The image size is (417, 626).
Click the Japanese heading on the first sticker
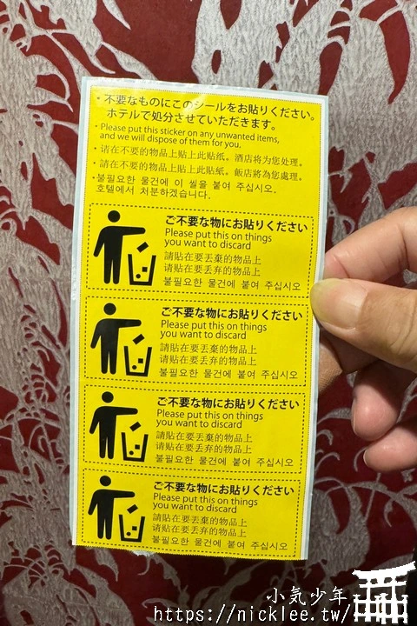(x=235, y=225)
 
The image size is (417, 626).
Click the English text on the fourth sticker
(x=205, y=504)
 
